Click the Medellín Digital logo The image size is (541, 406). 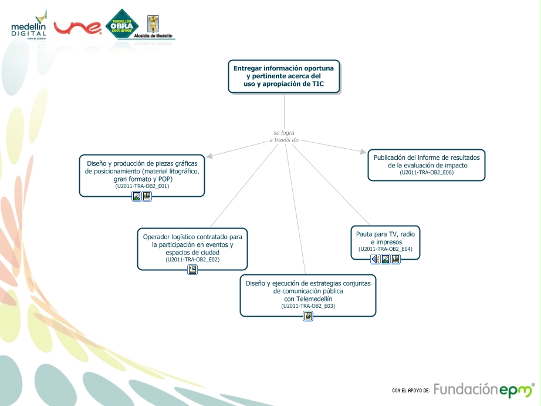tap(29, 25)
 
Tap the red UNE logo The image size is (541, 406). tap(77, 27)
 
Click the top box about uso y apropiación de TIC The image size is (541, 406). tap(283, 76)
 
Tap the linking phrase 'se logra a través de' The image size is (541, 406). tap(284, 136)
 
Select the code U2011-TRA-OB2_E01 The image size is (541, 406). tap(142, 186)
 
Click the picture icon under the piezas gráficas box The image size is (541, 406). tap(137, 196)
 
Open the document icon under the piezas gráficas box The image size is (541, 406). tap(147, 196)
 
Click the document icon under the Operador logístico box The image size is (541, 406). tap(192, 270)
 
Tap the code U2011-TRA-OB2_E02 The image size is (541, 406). tap(192, 260)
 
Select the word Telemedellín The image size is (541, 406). tap(307, 298)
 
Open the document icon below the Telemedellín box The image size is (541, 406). tap(308, 316)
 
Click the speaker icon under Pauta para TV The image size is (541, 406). tap(375, 259)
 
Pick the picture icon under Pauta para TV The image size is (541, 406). tap(386, 259)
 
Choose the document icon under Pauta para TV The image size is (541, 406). tap(395, 259)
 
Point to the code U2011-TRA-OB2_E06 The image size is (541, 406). tap(426, 173)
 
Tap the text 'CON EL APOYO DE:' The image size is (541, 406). tap(411, 390)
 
